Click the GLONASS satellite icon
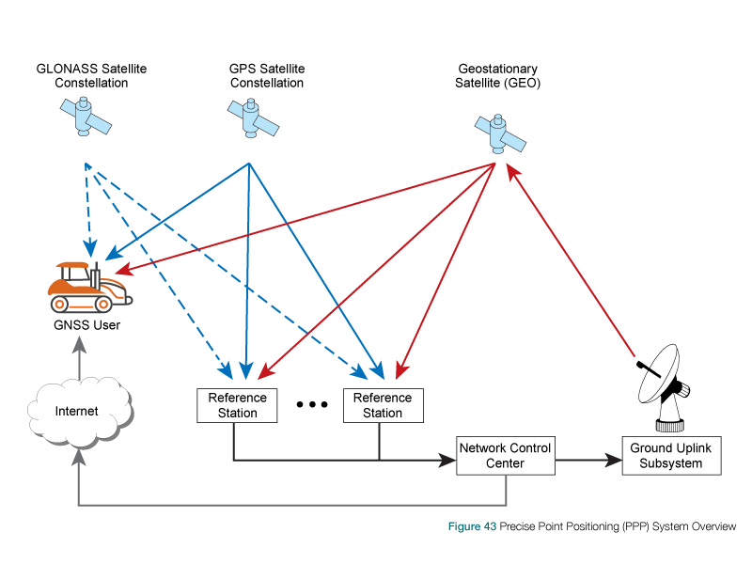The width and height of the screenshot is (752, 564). click(x=84, y=117)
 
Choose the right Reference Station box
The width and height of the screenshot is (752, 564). click(x=383, y=405)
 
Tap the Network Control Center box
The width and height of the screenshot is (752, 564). click(x=505, y=455)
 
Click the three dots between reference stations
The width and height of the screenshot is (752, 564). click(x=311, y=404)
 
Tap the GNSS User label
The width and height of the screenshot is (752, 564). click(x=86, y=325)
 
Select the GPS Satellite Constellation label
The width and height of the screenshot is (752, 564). click(x=267, y=76)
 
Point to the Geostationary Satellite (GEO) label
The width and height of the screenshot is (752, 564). click(x=499, y=76)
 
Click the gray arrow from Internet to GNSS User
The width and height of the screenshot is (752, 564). click(x=79, y=362)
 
